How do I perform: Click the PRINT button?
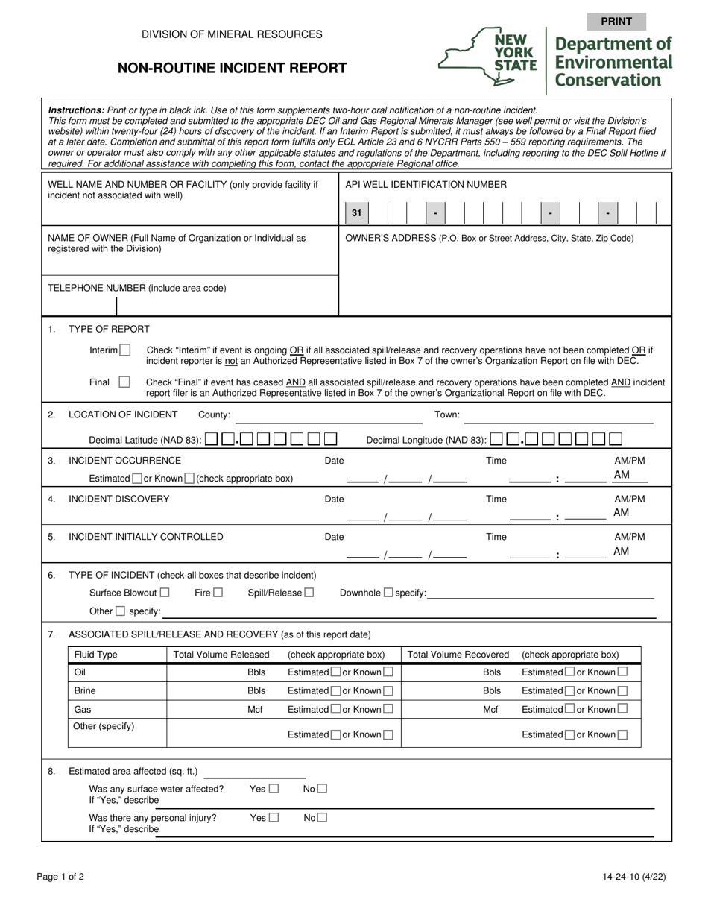point(616,22)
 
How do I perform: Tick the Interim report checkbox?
point(124,350)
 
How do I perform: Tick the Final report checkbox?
point(124,382)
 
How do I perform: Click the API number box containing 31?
point(356,214)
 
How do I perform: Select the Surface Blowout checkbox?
point(165,593)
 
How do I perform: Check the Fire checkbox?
point(218,593)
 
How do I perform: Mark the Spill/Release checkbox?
point(309,593)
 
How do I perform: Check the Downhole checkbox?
point(388,593)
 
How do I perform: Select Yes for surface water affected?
point(274,788)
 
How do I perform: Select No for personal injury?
point(322,817)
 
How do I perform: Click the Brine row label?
point(85,691)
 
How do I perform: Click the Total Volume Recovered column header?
point(458,655)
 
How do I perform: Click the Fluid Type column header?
point(95,655)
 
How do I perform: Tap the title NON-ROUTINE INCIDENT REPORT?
point(232,69)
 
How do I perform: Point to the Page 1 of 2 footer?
point(60,877)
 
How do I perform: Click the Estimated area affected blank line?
point(254,772)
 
